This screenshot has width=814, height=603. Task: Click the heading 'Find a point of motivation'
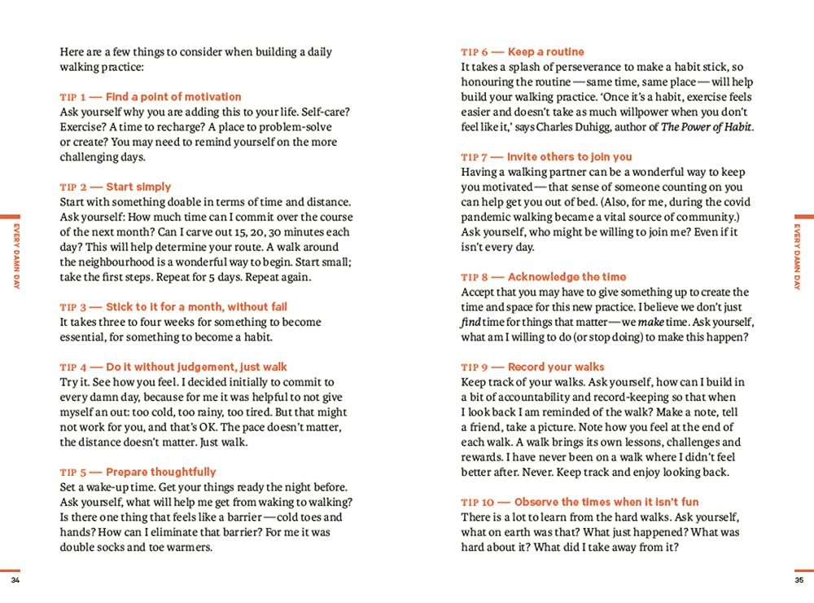tap(173, 97)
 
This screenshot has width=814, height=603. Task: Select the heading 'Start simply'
tap(138, 187)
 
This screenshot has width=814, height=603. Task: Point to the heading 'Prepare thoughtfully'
tap(161, 472)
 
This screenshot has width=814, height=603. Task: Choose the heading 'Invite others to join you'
tap(569, 156)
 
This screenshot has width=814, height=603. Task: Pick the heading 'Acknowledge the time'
tap(567, 277)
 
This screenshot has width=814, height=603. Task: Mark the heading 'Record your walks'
tap(556, 367)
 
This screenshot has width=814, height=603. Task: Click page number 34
tap(15, 580)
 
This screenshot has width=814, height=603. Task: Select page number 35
tap(798, 580)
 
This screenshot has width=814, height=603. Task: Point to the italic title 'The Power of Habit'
tap(706, 127)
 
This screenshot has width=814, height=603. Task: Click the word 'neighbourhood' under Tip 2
tap(101, 262)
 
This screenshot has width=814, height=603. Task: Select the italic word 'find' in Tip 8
tap(471, 322)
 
